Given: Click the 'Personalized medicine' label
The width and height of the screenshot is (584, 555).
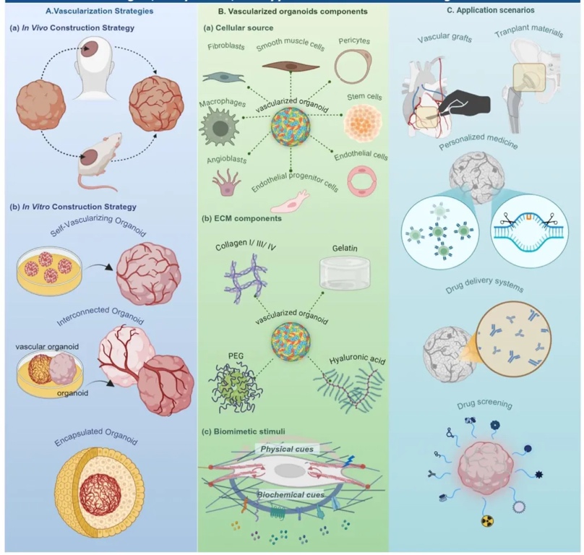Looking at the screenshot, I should tap(485, 143).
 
